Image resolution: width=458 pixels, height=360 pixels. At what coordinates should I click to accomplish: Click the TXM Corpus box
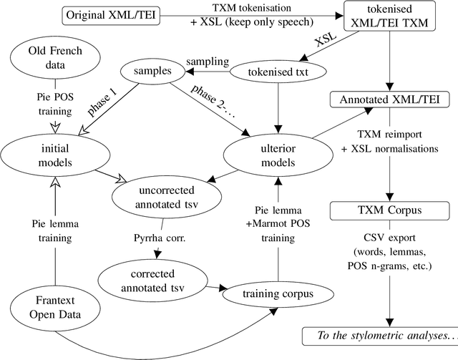tap(389, 213)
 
